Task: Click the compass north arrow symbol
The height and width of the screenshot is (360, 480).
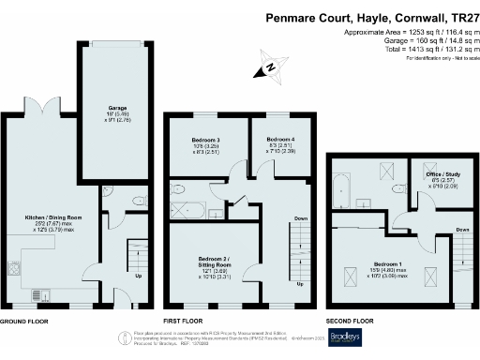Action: (268, 67)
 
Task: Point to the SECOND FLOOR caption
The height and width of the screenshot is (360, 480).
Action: (352, 321)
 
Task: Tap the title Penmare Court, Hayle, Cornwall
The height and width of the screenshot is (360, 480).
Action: (370, 17)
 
